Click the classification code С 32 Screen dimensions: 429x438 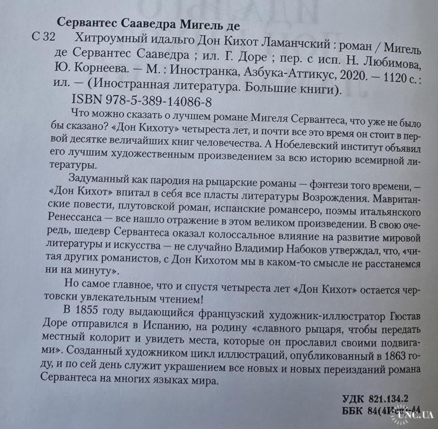(44, 38)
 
